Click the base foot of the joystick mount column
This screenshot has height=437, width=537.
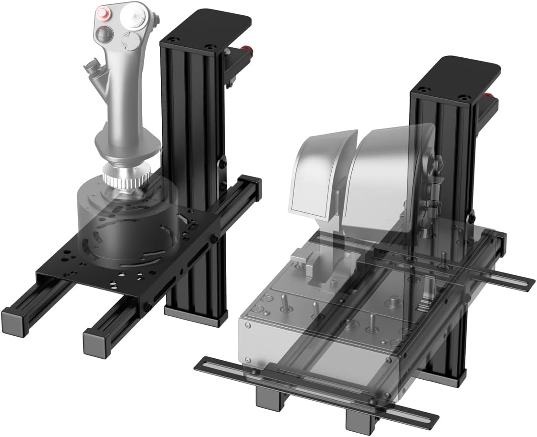(x=196, y=315)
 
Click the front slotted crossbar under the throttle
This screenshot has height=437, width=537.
(x=315, y=389)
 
